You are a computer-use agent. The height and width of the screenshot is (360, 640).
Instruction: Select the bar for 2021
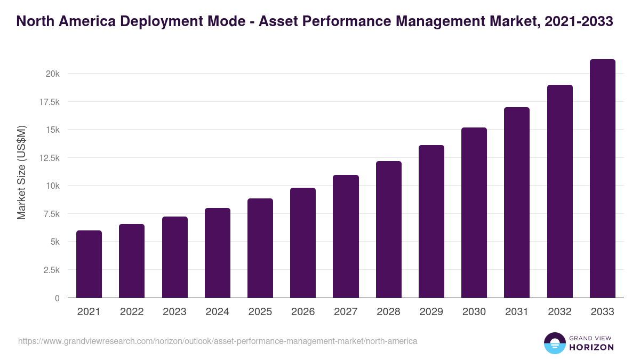coord(89,264)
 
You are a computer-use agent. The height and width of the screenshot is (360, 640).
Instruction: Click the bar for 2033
coord(602,179)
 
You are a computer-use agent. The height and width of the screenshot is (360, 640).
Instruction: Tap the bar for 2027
coord(346,236)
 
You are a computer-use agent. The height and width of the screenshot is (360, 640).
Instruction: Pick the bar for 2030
coord(474,213)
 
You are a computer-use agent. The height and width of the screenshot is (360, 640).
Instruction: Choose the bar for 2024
coord(218,253)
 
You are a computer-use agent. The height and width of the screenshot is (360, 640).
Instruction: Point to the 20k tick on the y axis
coord(52,74)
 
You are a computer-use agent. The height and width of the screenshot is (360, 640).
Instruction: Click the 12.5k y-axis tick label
coord(49,158)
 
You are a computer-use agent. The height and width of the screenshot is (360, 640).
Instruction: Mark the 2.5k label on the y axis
coord(51,270)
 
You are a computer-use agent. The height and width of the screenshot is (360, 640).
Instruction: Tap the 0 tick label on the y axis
coord(57,298)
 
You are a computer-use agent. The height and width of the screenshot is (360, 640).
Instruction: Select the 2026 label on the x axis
coord(303,312)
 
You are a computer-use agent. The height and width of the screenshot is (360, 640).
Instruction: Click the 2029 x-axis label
coord(431,312)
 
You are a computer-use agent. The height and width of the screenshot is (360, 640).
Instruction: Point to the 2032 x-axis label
coord(559,312)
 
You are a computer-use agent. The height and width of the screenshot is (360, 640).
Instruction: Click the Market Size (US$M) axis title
coord(21,172)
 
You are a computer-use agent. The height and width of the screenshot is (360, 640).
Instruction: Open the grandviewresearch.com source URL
coord(218,341)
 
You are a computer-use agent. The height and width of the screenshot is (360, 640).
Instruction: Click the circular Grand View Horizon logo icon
coord(554,343)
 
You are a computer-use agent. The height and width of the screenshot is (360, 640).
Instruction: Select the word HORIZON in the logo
coord(591,347)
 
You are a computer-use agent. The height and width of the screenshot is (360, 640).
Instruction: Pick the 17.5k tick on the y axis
coord(49,102)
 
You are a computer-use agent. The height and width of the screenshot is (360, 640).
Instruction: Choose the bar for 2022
coord(132,261)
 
